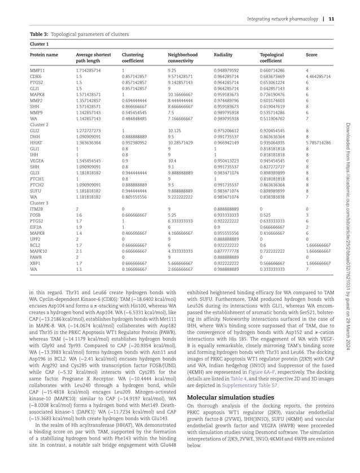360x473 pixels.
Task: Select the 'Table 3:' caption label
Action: pyautogui.click(x=40, y=34)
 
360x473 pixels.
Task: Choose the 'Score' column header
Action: pyautogui.click(x=311, y=55)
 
